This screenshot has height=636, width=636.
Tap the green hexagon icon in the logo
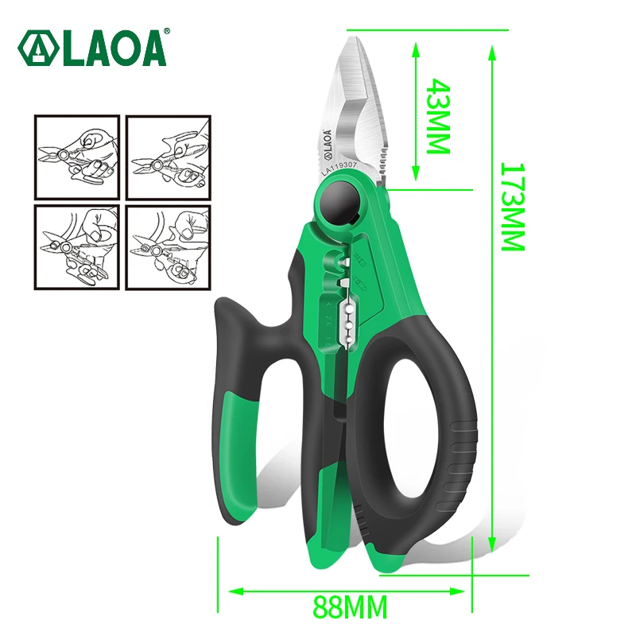coord(36,48)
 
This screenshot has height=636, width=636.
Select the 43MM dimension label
coord(438,115)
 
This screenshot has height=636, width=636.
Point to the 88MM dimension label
coord(350,607)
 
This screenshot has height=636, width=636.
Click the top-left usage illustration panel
coord(77,152)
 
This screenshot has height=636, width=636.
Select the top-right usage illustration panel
coord(169,152)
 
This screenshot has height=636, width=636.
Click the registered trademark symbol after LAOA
coord(166,33)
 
